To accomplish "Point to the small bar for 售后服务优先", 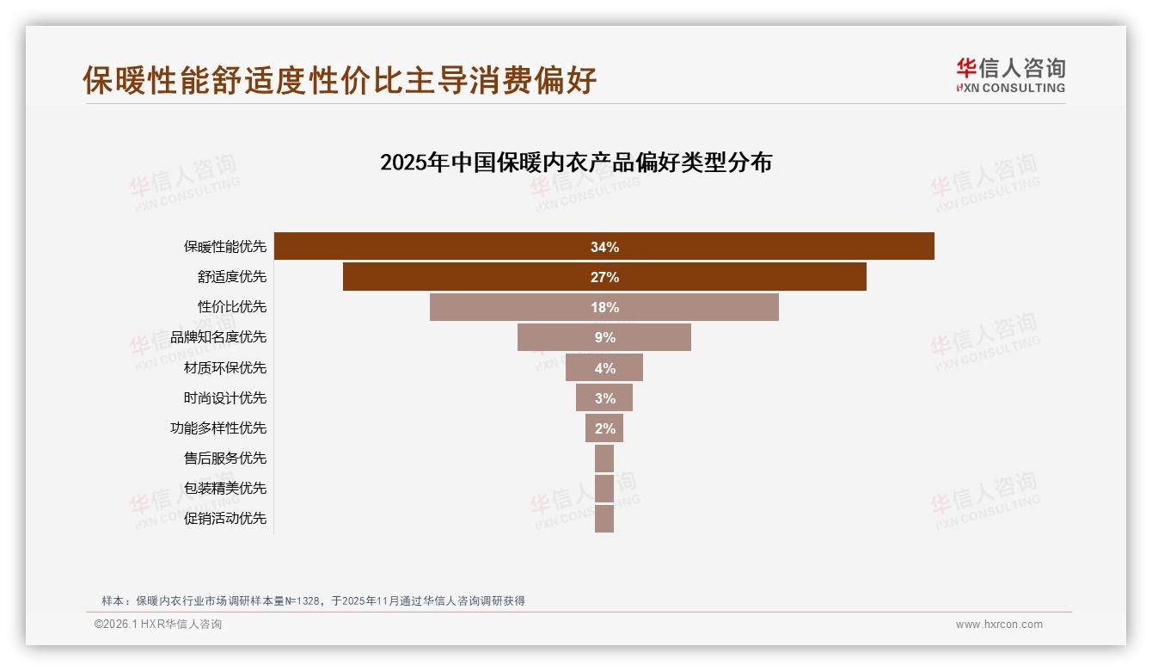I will (x=604, y=459).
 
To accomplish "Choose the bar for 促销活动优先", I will (x=604, y=519).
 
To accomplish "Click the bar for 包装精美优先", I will (x=604, y=489).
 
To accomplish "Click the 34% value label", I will (x=604, y=247).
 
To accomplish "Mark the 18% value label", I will (x=604, y=307).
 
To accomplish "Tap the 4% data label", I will (x=604, y=368).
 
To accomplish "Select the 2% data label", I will (x=604, y=428).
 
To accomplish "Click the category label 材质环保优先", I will (x=225, y=368).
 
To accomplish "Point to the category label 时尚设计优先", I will (x=225, y=398).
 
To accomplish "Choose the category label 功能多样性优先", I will (x=218, y=428).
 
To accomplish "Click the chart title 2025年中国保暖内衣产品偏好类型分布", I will (x=576, y=162).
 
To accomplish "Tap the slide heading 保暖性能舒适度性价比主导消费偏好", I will (x=340, y=80).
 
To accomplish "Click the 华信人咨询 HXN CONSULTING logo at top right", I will (x=1010, y=75).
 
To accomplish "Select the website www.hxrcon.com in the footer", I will (x=999, y=625).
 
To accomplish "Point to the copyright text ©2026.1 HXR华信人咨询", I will (x=158, y=625).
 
